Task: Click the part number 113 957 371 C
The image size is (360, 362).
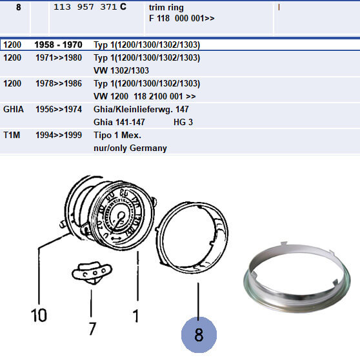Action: click(x=90, y=6)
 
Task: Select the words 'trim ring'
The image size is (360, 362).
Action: click(x=166, y=7)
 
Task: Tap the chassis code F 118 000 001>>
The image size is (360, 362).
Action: click(x=182, y=18)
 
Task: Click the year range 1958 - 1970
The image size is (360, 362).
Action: click(x=58, y=45)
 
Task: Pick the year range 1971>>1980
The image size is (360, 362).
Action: click(x=59, y=57)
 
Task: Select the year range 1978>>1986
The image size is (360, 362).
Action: click(x=59, y=83)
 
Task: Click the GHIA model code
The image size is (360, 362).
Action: click(x=14, y=109)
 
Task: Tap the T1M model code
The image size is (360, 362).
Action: click(x=12, y=135)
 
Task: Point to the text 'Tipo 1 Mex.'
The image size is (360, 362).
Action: click(x=117, y=135)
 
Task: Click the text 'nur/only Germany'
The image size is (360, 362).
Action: click(x=130, y=148)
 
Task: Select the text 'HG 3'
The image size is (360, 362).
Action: click(x=183, y=122)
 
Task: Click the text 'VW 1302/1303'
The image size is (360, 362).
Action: click(x=121, y=70)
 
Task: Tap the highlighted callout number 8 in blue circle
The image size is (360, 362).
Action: click(x=199, y=335)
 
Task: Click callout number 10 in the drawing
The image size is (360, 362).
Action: click(x=39, y=315)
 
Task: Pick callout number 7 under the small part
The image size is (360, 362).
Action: click(x=92, y=328)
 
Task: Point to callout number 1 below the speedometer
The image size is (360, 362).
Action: click(x=136, y=316)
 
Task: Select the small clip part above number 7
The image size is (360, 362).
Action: click(x=92, y=273)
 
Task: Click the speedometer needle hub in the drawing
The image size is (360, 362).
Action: click(x=121, y=216)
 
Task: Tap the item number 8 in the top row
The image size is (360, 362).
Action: click(x=19, y=7)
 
